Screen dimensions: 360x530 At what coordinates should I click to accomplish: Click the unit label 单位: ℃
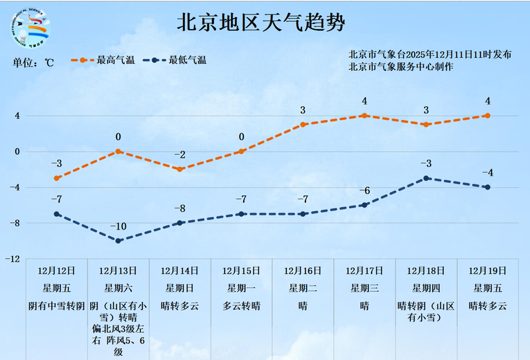point(33,64)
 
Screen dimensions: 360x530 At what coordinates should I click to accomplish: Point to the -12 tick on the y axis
point(12,259)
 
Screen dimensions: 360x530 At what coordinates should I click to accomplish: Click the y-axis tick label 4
point(17,116)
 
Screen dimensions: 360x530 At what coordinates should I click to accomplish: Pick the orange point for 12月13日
point(119,151)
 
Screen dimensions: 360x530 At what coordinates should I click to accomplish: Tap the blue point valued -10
point(119,241)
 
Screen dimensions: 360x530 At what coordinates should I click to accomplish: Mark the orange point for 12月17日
point(364,115)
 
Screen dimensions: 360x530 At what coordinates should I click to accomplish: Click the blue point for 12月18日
point(426,178)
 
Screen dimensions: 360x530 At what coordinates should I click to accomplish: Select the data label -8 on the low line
point(180,209)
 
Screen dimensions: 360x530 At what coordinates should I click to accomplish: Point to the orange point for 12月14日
point(180,169)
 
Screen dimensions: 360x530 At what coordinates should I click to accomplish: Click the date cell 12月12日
point(57,270)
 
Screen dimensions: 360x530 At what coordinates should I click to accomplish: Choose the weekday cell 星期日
point(180,288)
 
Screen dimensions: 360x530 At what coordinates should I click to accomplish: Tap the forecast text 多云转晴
point(241,306)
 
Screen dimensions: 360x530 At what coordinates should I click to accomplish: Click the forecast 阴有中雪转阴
point(57,306)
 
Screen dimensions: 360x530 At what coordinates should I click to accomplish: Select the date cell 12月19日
point(488,270)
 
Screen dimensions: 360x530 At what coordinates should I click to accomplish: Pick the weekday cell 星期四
point(426,288)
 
